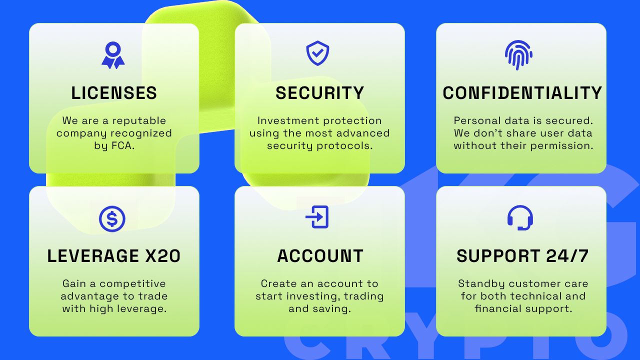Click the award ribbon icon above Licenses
[x=113, y=55]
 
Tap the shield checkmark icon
[x=317, y=53]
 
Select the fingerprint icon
[x=518, y=55]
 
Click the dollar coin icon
[x=112, y=218]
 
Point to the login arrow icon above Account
[x=317, y=217]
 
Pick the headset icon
[x=520, y=217]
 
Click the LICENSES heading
[x=114, y=93]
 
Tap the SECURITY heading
[x=319, y=93]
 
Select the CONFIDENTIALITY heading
[x=522, y=93]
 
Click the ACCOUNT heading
[x=320, y=255]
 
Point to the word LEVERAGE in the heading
[x=93, y=255]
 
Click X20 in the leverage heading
[x=163, y=255]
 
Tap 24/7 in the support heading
[x=567, y=255]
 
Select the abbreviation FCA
[x=121, y=145]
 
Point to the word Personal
[x=477, y=120]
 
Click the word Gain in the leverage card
[x=74, y=283]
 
